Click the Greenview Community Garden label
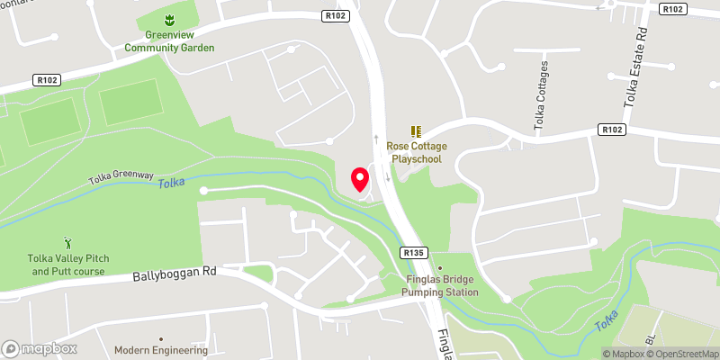(169, 40)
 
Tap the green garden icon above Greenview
(168, 19)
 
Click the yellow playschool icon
(416, 131)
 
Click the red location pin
(360, 180)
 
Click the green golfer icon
(68, 243)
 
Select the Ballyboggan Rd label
(175, 272)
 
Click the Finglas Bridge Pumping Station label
(439, 285)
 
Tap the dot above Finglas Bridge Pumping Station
(439, 267)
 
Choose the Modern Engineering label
(161, 350)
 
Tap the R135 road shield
(413, 254)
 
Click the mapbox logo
(38, 348)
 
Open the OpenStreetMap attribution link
(682, 354)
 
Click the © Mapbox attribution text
(623, 354)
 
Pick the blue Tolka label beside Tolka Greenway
(170, 184)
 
